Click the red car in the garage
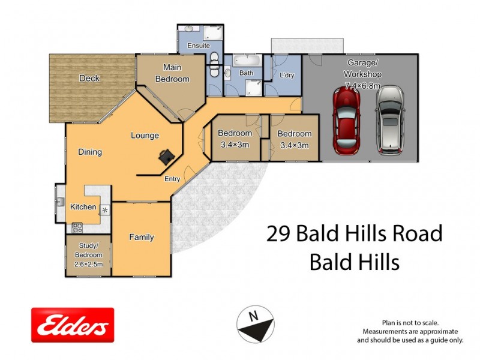tap(346, 119)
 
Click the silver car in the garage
tap(390, 119)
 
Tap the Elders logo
tap(73, 325)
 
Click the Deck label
tap(89, 78)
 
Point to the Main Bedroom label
tap(172, 74)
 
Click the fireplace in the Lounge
tap(166, 157)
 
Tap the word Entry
tap(172, 178)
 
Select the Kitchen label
tap(83, 207)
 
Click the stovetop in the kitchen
tap(77, 227)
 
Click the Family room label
tap(142, 237)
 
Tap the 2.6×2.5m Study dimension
tap(88, 263)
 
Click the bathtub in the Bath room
tap(247, 61)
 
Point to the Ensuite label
tap(198, 45)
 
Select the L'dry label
tap(287, 75)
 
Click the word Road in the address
tap(416, 234)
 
